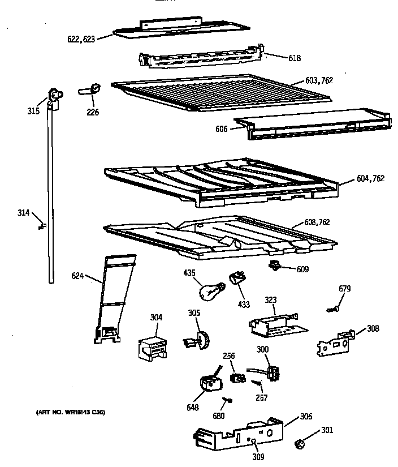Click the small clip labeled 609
[x=274, y=266]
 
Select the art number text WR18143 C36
[x=66, y=412]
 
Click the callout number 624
[x=77, y=276]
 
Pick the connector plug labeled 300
[x=274, y=372]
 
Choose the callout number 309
[x=258, y=457]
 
